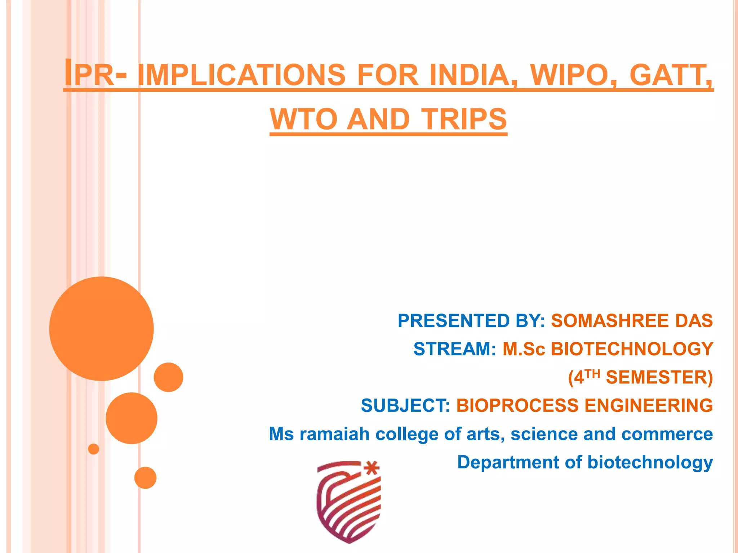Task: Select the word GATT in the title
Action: pyautogui.click(x=670, y=75)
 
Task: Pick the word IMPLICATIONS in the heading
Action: pyautogui.click(x=241, y=75)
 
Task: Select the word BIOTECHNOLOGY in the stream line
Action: pyautogui.click(x=632, y=349)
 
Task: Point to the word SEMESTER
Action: pyautogui.click(x=659, y=377)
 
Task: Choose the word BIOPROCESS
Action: pyautogui.click(x=517, y=405)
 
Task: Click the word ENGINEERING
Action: pyautogui.click(x=648, y=405)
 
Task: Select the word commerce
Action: pyautogui.click(x=667, y=434)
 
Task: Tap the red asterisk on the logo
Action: pyautogui.click(x=372, y=469)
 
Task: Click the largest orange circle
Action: pyautogui.click(x=102, y=329)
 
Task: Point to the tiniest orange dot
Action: pyautogui.click(x=94, y=449)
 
